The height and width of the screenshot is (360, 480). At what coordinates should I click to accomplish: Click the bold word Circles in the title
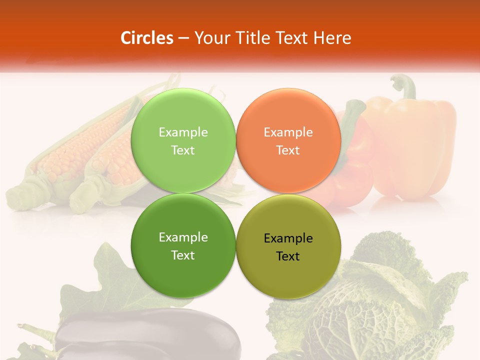tap(146, 38)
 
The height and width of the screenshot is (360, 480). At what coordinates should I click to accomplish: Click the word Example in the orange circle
tap(288, 132)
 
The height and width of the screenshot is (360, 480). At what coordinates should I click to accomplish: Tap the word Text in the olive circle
tap(287, 256)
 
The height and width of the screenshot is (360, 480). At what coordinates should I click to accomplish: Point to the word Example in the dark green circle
tap(183, 237)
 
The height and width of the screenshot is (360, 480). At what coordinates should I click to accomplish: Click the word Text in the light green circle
tap(183, 150)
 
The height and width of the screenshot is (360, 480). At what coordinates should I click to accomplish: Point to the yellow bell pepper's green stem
tap(406, 86)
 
